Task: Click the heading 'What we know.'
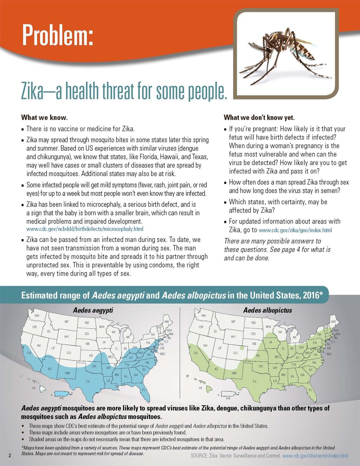coord(44,117)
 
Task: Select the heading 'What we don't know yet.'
coord(259,117)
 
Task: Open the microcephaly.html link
coord(85,229)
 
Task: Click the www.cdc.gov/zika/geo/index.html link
coord(295,231)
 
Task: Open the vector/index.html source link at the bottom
coord(315,456)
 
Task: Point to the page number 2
coord(10,456)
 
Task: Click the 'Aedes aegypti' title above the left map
coord(93,310)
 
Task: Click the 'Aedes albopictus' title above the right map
coord(268,310)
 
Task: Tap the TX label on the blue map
coord(88,381)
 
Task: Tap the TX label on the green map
coord(254,381)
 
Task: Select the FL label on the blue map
coord(143,390)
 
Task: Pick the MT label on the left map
coord(67,322)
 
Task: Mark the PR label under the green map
coord(228,399)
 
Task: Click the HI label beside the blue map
coord(34,388)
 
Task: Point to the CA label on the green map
coord(195,353)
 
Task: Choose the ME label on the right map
coord(334,322)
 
